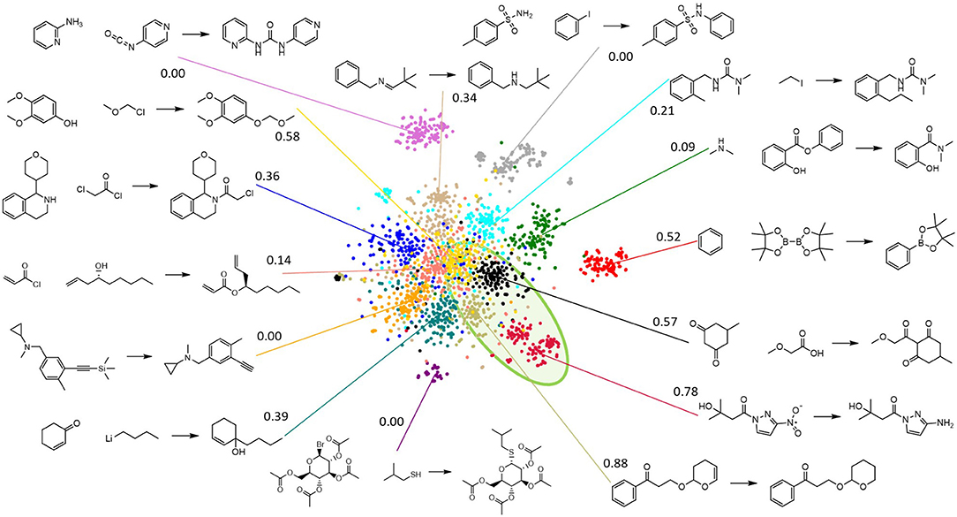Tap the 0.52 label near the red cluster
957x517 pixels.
[x=668, y=237]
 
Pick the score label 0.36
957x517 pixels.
[x=267, y=178]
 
